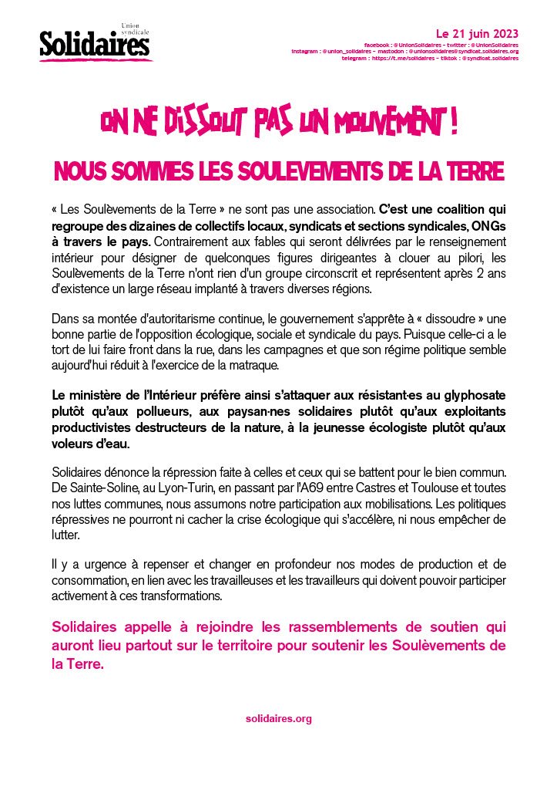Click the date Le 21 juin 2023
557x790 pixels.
click(x=477, y=34)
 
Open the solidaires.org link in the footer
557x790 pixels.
click(x=278, y=718)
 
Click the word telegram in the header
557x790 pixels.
click(x=355, y=58)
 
